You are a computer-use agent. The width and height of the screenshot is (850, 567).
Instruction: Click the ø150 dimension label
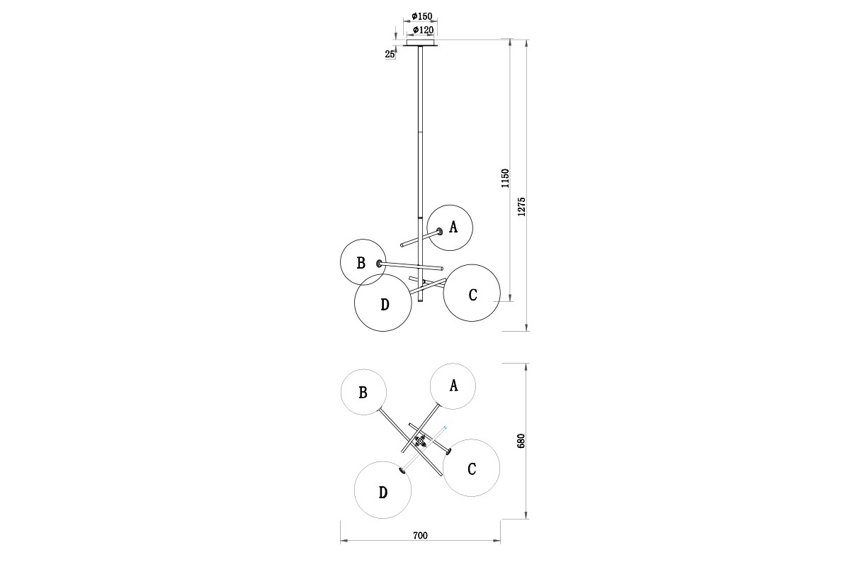(x=421, y=16)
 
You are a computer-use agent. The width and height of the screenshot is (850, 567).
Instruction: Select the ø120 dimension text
(x=423, y=30)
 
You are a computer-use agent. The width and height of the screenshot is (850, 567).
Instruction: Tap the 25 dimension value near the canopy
(x=390, y=54)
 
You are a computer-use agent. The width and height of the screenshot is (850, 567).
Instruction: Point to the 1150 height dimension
(x=505, y=178)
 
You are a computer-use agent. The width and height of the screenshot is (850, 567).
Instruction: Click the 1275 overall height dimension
(x=521, y=206)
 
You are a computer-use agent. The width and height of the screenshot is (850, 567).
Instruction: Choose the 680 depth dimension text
(x=521, y=441)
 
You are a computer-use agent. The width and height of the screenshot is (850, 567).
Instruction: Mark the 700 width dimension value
(x=420, y=536)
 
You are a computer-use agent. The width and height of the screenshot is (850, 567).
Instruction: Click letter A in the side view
(x=453, y=227)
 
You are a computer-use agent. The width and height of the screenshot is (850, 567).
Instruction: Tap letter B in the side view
(x=361, y=263)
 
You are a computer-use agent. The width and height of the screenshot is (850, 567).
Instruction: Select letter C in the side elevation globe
(x=472, y=295)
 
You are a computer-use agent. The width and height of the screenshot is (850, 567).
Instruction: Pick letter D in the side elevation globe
(x=385, y=305)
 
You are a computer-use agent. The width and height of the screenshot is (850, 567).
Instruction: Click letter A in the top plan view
(x=453, y=385)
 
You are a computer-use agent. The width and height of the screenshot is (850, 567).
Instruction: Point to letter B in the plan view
(x=363, y=392)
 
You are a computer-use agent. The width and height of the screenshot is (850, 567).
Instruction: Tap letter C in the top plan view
(x=472, y=469)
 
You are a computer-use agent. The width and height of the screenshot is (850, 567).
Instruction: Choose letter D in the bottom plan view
(x=383, y=493)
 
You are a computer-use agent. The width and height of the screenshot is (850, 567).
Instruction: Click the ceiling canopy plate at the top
(x=421, y=44)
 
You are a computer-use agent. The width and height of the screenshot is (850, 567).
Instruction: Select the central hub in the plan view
(x=421, y=441)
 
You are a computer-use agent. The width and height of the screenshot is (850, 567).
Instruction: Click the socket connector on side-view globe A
(x=440, y=231)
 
